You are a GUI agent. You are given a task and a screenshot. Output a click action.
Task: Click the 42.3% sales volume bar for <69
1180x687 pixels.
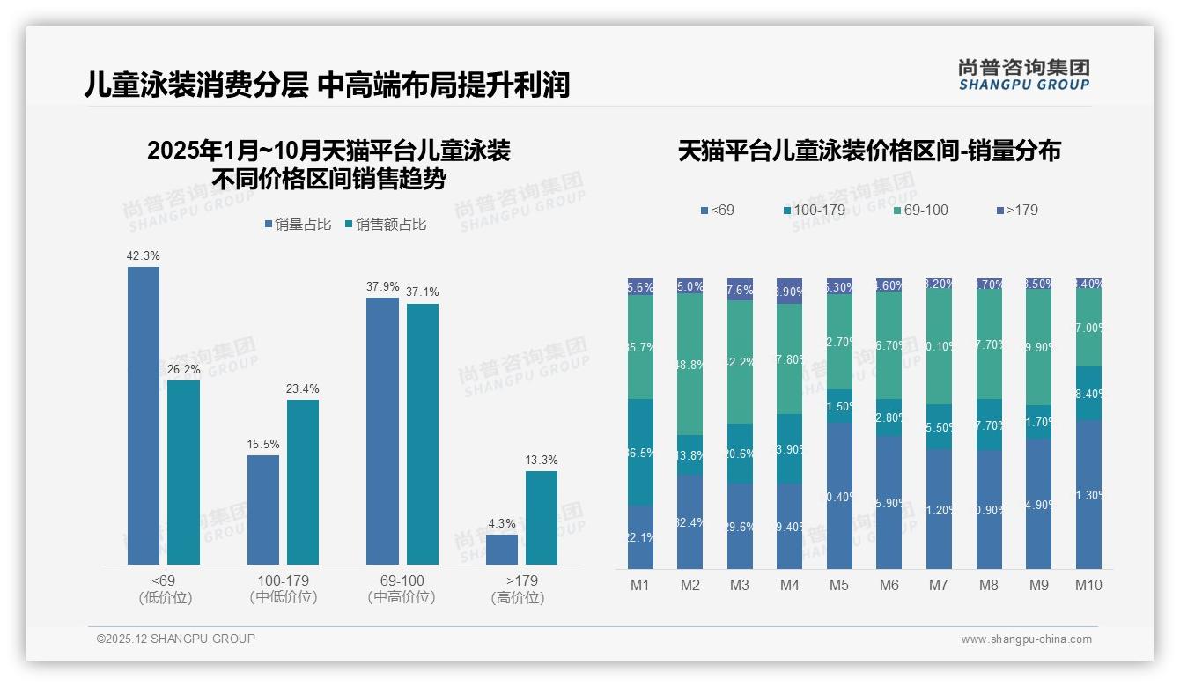[x=144, y=415]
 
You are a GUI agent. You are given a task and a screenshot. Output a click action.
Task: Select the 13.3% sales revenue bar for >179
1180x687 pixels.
[x=542, y=518]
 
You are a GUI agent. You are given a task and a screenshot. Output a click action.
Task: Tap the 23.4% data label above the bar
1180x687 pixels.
[x=303, y=388]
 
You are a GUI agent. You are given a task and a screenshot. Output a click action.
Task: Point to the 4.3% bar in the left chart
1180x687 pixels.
[x=502, y=549]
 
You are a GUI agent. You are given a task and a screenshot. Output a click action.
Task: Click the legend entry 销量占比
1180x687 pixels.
[x=297, y=225]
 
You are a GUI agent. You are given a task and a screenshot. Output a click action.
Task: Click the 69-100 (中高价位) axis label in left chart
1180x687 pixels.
[x=402, y=589]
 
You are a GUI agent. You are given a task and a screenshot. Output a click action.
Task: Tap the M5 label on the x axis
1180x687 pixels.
[x=839, y=585]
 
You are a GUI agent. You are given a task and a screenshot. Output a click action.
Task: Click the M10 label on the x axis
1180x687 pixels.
[x=1088, y=585]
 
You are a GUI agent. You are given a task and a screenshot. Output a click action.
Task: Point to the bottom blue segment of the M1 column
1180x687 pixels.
[x=640, y=537]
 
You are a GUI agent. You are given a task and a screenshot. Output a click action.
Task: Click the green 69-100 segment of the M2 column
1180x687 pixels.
[x=690, y=364]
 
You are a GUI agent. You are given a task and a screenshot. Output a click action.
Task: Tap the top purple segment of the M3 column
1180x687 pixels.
[x=740, y=289]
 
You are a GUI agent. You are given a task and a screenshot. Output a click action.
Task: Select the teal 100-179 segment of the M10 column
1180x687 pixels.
[x=1088, y=393]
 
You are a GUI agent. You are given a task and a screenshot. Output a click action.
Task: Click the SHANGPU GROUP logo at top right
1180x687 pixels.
[x=1023, y=75]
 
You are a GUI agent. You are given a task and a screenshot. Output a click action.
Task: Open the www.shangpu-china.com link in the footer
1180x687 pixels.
[x=1026, y=639]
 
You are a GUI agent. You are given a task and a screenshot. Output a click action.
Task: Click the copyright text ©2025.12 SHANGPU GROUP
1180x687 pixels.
[x=176, y=639]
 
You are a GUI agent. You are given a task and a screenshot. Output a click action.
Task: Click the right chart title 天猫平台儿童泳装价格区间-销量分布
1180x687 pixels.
[x=869, y=151]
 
